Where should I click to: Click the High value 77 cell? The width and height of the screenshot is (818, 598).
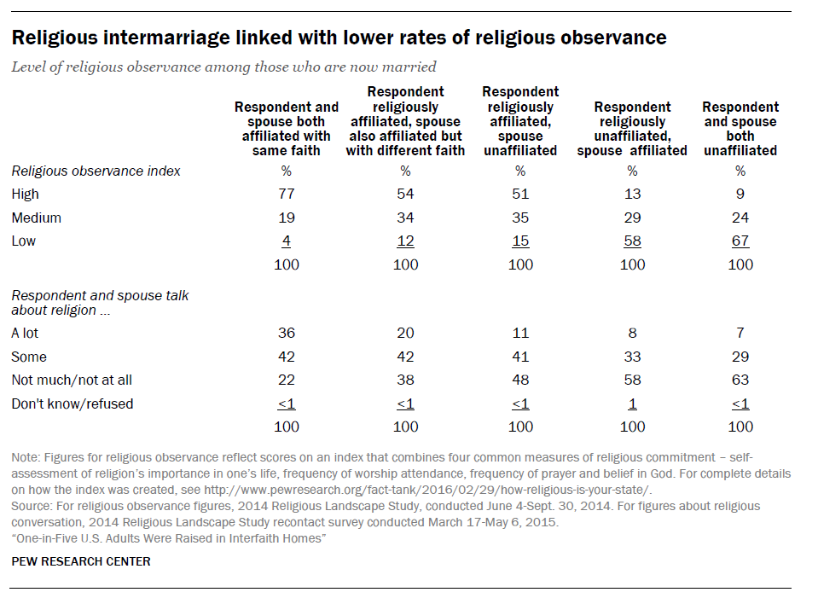pos(287,194)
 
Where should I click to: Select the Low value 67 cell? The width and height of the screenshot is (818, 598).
pos(740,241)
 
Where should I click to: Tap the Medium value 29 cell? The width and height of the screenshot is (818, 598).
pos(632,218)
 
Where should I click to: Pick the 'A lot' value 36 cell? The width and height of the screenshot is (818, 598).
pos(287,334)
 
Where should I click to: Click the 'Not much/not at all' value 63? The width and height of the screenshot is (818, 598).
pos(740,380)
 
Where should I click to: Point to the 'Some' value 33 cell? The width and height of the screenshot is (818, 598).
pos(632,357)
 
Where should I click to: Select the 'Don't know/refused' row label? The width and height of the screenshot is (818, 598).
pos(73,404)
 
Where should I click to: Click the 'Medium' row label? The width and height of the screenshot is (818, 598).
pos(37,218)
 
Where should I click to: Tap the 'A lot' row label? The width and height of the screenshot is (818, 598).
pos(26,334)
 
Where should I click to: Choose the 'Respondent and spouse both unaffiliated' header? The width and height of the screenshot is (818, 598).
pos(740,128)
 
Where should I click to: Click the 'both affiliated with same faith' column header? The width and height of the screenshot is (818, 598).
pos(287,128)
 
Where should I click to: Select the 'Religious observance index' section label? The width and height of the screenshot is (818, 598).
pos(96,171)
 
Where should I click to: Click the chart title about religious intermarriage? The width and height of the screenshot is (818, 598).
pos(339,38)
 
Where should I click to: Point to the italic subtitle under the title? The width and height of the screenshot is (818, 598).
pos(223,67)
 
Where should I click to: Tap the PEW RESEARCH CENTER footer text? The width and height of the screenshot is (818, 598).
pos(81,561)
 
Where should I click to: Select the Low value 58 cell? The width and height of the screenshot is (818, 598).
pos(632,241)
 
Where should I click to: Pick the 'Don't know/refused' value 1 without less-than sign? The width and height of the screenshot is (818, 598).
pos(632,404)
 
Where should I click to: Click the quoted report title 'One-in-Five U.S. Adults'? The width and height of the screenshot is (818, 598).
pos(170,537)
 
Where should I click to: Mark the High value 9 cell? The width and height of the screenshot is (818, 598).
pos(740,194)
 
